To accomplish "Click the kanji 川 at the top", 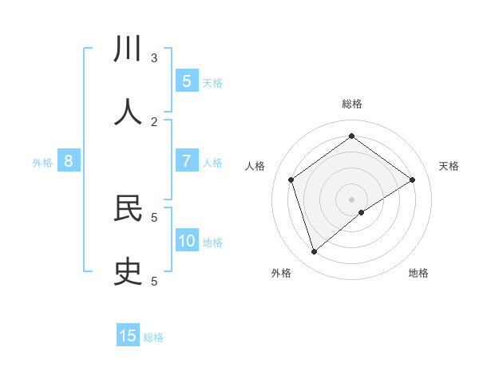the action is click(x=128, y=49).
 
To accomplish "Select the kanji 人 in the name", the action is click(x=128, y=112).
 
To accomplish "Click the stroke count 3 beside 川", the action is click(x=154, y=57).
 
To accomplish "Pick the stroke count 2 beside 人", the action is click(x=154, y=121).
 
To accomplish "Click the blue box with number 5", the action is click(x=187, y=81).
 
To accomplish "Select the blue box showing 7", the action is click(x=187, y=161).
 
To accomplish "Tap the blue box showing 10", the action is click(x=187, y=241).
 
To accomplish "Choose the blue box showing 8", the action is click(x=69, y=161).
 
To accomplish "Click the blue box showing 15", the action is click(x=128, y=336).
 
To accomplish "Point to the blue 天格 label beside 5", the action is click(x=212, y=83).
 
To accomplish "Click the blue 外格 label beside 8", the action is click(x=42, y=163).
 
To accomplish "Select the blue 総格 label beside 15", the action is click(x=153, y=337).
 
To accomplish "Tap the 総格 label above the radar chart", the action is click(x=352, y=104).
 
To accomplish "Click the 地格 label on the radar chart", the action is click(x=418, y=273).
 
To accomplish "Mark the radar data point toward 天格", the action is click(x=412, y=180).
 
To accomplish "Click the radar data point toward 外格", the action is click(x=314, y=252).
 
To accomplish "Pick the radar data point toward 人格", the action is click(x=291, y=180).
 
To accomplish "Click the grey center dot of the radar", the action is click(x=352, y=199).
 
